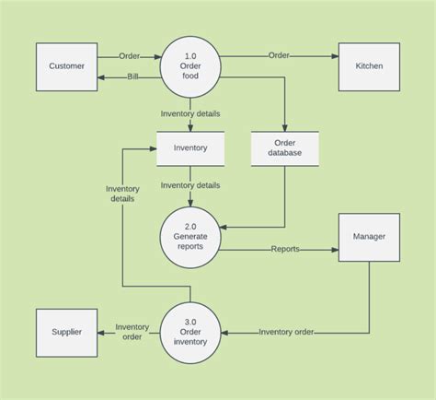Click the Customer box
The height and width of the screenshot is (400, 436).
[66, 66]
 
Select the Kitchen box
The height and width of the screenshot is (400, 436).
[369, 66]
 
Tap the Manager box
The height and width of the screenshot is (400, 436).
[369, 237]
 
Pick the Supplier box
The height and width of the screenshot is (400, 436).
[66, 333]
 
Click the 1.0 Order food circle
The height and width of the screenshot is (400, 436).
[190, 66]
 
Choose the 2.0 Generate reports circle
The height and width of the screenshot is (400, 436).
[190, 237]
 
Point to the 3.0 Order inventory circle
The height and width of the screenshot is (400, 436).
[190, 333]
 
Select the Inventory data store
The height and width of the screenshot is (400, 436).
[190, 147]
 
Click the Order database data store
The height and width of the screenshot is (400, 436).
[284, 147]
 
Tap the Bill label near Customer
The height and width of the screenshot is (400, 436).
[133, 77]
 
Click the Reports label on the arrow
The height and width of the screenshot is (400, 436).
[284, 249]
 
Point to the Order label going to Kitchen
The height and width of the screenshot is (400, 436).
[279, 55]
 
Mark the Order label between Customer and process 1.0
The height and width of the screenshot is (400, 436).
[130, 55]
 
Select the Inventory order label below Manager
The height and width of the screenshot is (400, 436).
[286, 332]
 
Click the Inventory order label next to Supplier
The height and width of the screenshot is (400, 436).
[132, 331]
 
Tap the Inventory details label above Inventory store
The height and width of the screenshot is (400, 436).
[190, 114]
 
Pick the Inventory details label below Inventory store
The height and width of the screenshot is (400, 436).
[190, 185]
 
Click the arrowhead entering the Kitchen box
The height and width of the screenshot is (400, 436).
[335, 55]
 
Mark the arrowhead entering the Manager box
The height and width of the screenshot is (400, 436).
[335, 249]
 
